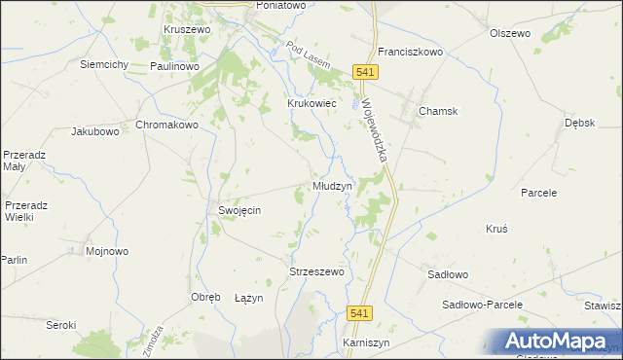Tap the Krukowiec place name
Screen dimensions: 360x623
311,102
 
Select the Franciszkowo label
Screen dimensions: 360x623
411,53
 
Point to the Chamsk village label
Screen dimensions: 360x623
438,111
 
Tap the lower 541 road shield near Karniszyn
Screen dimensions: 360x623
360,312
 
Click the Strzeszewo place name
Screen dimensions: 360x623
317,272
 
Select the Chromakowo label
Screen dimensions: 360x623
166,126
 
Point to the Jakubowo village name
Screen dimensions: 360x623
95,130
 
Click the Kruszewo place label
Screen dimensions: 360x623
188,30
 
